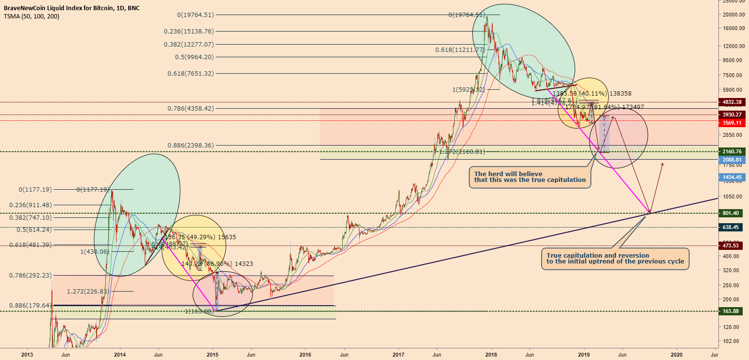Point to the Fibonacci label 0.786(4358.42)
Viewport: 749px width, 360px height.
(187, 109)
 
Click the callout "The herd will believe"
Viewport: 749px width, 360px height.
(531, 177)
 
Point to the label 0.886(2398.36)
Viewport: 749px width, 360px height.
(187, 145)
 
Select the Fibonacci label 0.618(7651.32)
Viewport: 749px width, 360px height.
(187, 73)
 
